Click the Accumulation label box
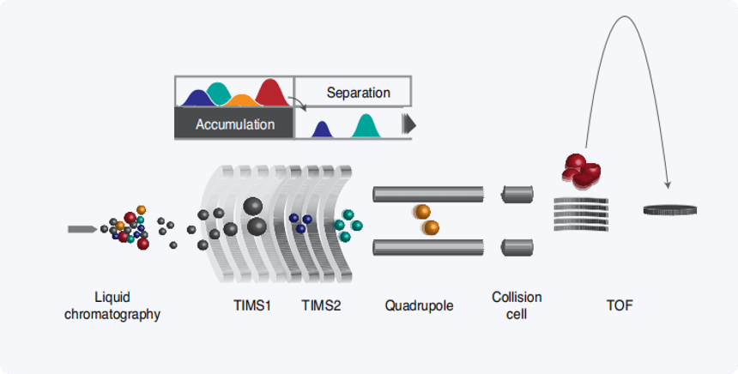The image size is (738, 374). point(234,123)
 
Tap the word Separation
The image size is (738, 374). point(358,93)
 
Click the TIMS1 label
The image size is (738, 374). point(252,305)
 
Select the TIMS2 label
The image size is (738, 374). point(321,305)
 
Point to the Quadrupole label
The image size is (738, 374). point(419,306)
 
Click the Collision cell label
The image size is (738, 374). point(517,305)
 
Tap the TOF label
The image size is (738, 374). point(620,305)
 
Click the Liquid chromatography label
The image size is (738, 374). point(112,305)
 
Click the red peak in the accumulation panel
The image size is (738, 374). point(271,93)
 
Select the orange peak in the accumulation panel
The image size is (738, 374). point(241,100)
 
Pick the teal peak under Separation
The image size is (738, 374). point(366,126)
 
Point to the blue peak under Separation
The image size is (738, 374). point(322,130)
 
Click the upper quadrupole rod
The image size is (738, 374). point(428,195)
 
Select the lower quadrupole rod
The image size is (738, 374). point(428,247)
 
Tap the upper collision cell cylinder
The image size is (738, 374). point(517,195)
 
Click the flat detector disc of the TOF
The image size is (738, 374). point(669,210)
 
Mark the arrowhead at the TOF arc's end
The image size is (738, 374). point(668,185)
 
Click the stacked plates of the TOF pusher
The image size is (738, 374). point(581,214)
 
